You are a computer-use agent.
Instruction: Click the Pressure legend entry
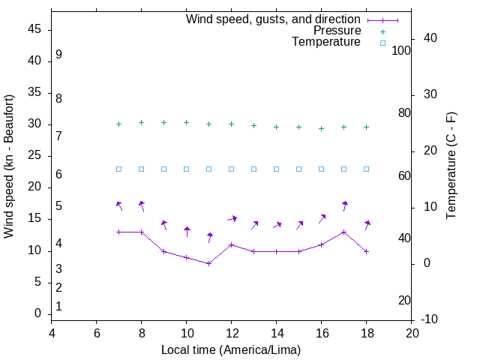tap(337, 31)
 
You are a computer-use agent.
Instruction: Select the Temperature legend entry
tap(326, 42)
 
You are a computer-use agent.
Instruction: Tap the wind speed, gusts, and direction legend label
tap(273, 19)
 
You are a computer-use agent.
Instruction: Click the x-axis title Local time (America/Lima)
tap(231, 349)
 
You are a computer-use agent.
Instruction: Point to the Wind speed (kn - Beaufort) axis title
tap(9, 166)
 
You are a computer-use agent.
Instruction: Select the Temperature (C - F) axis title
tap(451, 166)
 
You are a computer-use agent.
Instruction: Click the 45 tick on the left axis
tap(34, 29)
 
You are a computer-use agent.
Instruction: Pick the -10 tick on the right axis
tap(430, 320)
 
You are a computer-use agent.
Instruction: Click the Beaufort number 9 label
tap(58, 55)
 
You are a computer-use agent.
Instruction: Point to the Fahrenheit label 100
tap(401, 50)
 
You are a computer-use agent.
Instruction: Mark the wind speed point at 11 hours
tap(209, 263)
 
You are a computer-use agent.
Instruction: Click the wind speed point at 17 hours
tap(344, 232)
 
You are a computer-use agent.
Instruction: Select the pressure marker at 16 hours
tap(322, 128)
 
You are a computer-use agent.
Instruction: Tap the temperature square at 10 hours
tap(187, 169)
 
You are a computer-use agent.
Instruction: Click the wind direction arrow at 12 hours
tap(232, 219)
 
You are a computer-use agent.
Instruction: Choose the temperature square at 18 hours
tap(367, 169)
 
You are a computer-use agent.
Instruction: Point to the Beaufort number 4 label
tap(58, 244)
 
